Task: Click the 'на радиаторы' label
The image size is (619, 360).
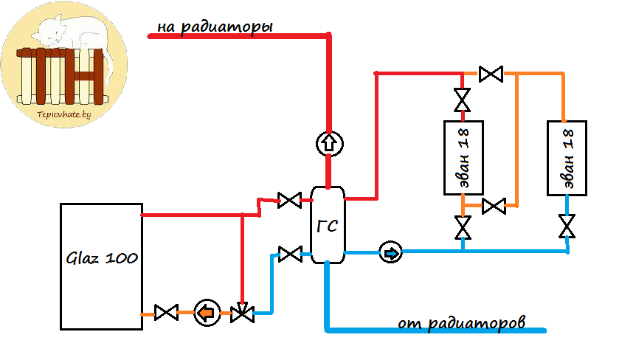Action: coord(215,27)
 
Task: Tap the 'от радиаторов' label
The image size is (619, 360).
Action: coord(461,322)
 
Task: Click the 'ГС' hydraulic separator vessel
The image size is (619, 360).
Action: coord(328,225)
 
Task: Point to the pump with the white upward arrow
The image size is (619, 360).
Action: coord(328,144)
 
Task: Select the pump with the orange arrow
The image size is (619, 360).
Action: coord(206,313)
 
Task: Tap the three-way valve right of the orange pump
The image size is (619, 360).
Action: coord(241,313)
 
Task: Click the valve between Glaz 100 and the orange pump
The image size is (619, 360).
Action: coord(166,313)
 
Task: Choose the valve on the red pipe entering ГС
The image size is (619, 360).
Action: coord(288,200)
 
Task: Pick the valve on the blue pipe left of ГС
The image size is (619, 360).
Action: coord(291,254)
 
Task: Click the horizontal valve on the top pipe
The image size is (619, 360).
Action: coord(490,74)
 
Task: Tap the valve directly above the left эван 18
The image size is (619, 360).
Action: coord(463,98)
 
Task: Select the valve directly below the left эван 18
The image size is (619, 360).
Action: coord(463,228)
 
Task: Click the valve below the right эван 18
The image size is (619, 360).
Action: coord(567,226)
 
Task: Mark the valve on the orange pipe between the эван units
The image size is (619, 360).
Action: coord(493,206)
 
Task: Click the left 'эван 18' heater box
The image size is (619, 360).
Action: coord(463,157)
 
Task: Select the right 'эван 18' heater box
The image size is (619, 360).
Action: coord(567,157)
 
